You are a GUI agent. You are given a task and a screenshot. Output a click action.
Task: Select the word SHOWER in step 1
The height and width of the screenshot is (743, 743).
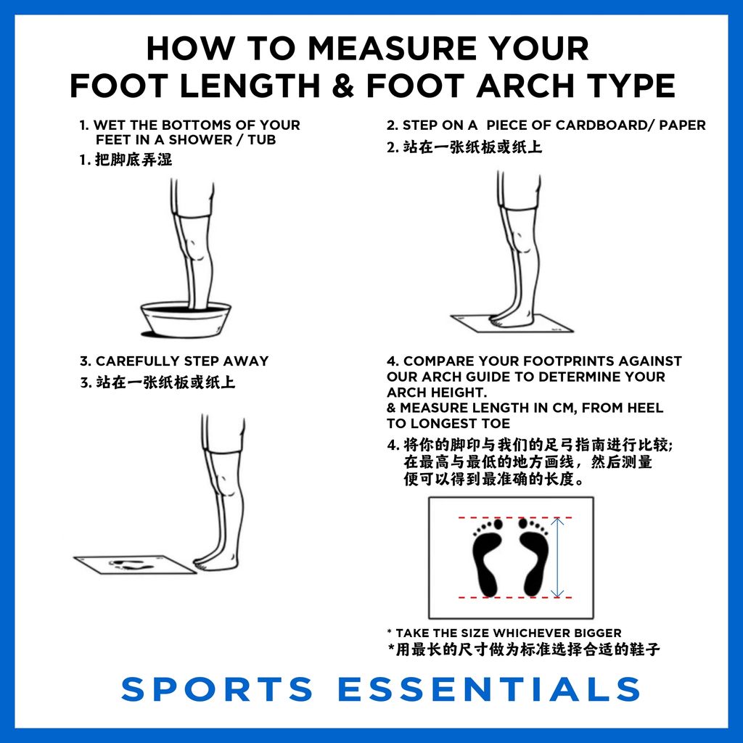tap(201, 140)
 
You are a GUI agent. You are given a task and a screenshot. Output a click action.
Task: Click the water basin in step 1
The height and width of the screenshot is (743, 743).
tap(186, 319)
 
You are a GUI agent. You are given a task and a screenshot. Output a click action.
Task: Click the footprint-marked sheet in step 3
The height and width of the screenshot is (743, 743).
tap(135, 565)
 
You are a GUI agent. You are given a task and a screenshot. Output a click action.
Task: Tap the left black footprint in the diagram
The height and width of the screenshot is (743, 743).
tap(488, 557)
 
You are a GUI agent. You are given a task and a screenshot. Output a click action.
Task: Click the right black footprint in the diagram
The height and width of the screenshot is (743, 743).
tap(533, 557)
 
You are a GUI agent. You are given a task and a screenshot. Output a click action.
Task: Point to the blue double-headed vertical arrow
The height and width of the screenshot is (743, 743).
tap(557, 557)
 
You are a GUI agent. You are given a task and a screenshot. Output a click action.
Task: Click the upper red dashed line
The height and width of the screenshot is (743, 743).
tap(515, 517)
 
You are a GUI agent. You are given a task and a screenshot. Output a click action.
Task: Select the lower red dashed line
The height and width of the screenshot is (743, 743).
tap(515, 598)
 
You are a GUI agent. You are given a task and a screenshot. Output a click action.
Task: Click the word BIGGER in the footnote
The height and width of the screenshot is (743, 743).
tap(598, 633)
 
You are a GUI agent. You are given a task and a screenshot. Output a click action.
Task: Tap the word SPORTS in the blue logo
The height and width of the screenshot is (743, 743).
tap(217, 689)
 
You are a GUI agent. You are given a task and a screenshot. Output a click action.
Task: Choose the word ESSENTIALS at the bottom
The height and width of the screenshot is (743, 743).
tap(490, 689)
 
